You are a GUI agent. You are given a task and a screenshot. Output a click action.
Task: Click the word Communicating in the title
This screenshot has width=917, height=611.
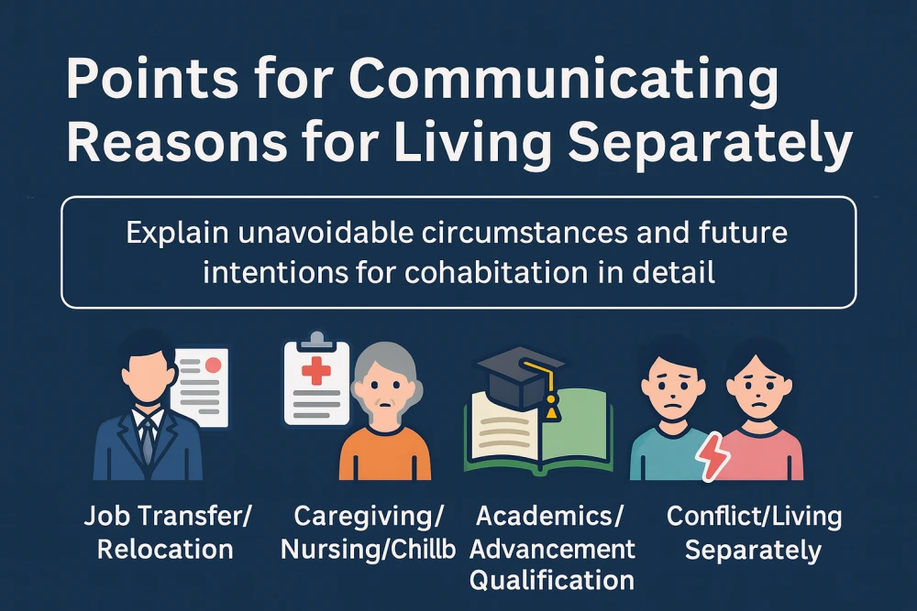click(x=565, y=82)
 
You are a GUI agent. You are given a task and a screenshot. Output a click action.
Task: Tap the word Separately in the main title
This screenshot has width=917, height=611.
click(x=710, y=144)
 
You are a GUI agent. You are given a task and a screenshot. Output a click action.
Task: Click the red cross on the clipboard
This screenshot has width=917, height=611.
click(x=315, y=371)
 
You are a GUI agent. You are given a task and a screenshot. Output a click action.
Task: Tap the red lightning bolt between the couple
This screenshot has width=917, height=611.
click(x=713, y=456)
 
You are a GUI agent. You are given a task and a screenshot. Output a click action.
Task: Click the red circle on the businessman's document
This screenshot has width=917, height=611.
click(x=213, y=366)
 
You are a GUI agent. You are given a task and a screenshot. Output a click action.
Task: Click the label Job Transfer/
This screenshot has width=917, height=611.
click(x=168, y=517)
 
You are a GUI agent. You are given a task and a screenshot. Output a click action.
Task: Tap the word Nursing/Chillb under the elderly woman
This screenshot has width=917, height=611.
click(x=368, y=551)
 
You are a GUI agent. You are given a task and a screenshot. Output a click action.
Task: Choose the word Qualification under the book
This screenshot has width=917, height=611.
click(x=551, y=581)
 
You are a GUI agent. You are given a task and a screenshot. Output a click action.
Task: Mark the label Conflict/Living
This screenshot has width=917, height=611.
click(x=755, y=517)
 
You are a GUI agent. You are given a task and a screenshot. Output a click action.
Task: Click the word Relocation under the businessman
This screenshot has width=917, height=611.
click(x=165, y=550)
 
